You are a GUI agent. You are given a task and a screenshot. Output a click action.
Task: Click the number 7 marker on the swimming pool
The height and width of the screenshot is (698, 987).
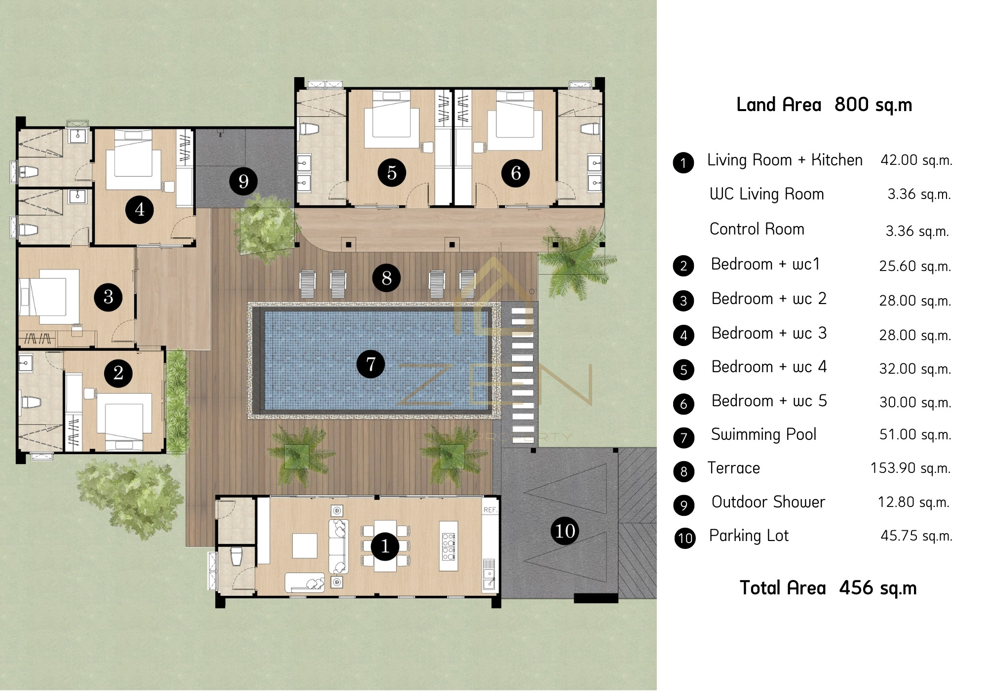pos(371,364)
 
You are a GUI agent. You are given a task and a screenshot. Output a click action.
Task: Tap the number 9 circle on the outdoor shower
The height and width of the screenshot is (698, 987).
pos(243,181)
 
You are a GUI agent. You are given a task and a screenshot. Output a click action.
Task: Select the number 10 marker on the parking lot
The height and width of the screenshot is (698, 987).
pos(565,531)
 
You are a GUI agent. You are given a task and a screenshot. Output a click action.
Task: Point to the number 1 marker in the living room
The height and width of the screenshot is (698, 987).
pos(385,546)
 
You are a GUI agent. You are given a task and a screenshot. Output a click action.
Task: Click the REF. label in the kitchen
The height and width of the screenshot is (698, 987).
pos(490,510)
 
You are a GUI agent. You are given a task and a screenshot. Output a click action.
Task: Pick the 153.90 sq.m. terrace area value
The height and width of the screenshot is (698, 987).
pos(911,468)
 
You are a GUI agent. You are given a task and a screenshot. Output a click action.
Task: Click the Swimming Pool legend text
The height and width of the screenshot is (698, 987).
pos(763,434)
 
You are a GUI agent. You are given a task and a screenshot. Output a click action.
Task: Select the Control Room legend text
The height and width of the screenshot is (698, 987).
pos(757,229)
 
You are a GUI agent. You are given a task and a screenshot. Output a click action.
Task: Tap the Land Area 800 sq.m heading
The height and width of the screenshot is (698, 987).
pos(824,105)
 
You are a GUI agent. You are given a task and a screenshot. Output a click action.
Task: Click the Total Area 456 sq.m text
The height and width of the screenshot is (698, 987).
pos(828,588)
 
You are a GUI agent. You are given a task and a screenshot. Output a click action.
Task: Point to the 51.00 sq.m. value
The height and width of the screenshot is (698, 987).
pos(915,434)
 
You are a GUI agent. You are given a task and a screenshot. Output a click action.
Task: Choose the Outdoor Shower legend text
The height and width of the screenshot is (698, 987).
pos(768,502)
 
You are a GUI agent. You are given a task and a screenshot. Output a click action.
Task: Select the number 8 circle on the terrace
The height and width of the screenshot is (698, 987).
pos(386,277)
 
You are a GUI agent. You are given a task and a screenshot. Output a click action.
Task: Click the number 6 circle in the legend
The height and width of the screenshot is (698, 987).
pos(683,404)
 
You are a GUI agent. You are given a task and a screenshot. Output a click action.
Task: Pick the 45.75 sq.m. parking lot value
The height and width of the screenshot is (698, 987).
pos(916,536)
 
